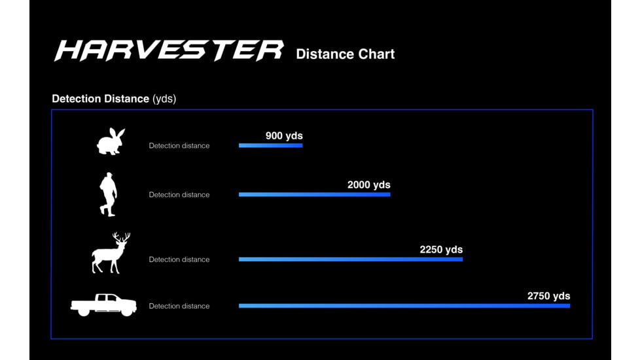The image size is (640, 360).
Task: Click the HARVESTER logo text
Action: click(x=169, y=50)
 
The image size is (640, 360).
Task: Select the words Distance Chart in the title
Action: click(x=346, y=54)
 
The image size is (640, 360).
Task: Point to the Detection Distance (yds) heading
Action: click(x=114, y=99)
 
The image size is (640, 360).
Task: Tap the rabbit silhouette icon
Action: click(x=111, y=141)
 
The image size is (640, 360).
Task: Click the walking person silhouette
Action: click(x=108, y=194)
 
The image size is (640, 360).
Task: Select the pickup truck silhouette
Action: click(x=103, y=304)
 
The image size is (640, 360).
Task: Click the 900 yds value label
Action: click(x=284, y=136)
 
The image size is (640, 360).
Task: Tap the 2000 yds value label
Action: click(x=369, y=185)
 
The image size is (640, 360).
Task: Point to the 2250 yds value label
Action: click(x=441, y=249)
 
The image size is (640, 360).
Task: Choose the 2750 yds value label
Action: click(x=548, y=296)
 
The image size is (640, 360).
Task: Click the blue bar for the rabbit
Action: click(x=271, y=145)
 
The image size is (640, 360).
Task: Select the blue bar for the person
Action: click(x=315, y=194)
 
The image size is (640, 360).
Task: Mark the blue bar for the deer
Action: click(x=351, y=259)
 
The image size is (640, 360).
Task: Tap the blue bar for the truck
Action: click(x=404, y=306)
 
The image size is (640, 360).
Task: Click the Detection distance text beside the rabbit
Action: click(x=179, y=146)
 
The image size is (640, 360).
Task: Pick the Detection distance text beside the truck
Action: click(x=179, y=306)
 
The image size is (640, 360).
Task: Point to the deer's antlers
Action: click(x=122, y=238)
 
